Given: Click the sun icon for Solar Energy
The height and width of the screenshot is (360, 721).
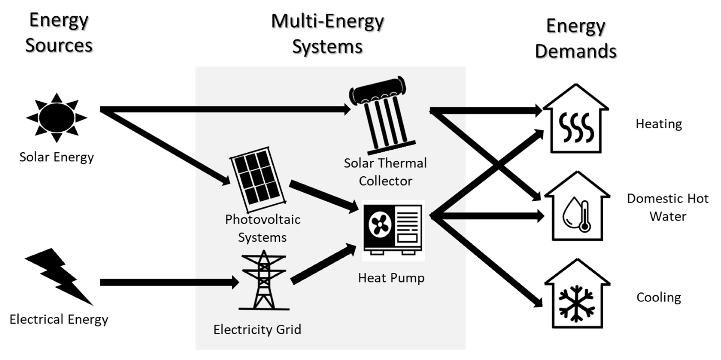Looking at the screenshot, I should (x=57, y=118).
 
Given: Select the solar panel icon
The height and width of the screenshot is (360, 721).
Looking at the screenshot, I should (x=257, y=179).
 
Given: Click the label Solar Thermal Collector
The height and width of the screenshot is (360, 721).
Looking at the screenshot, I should (x=385, y=172).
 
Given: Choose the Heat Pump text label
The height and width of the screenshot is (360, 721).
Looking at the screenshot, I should (x=391, y=278).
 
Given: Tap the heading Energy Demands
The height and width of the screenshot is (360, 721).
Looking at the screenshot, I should (x=576, y=38).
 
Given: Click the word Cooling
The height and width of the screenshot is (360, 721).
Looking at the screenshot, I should (x=659, y=297).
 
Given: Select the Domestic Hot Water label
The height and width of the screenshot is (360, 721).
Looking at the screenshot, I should (x=668, y=207).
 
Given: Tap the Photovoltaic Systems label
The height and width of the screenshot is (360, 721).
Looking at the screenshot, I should (x=262, y=228).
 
